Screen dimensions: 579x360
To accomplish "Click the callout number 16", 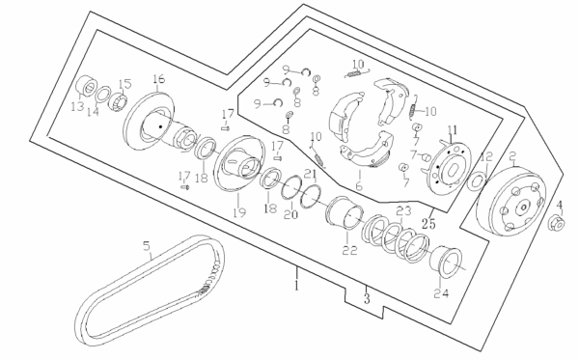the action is (159, 79).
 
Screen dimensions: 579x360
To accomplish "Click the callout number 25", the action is (429, 223).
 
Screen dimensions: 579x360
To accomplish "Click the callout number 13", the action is (77, 107).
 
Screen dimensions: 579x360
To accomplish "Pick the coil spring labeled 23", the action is (395, 238).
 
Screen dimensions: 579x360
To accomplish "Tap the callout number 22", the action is (349, 250).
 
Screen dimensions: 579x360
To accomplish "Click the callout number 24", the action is (441, 293).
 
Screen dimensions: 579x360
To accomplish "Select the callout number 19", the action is (239, 212).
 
